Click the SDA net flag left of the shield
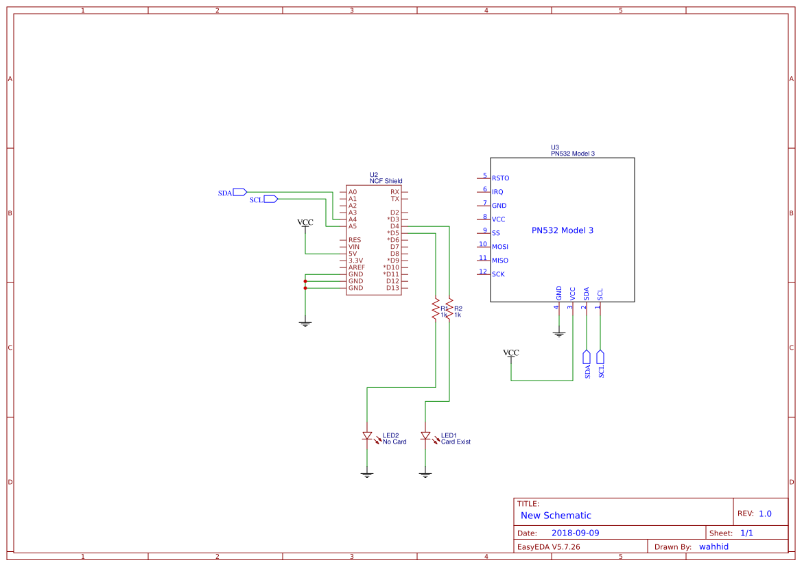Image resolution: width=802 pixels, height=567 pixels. [239, 192]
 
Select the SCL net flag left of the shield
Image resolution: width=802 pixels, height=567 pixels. [270, 199]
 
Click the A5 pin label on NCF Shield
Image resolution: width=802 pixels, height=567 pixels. [352, 226]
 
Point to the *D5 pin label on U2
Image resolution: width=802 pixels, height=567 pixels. [392, 233]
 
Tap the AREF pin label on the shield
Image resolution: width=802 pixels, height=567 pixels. [356, 267]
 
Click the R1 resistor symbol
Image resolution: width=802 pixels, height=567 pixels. [435, 309]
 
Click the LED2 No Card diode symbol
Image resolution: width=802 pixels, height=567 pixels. [367, 436]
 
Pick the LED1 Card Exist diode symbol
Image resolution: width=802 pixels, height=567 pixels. [425, 436]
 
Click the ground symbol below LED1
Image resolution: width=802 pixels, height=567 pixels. [425, 474]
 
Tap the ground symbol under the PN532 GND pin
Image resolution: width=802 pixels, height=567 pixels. [559, 334]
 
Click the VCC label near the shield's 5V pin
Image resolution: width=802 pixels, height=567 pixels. [305, 223]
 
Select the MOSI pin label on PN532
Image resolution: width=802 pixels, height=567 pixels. [499, 246]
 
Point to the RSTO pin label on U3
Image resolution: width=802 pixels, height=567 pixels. [500, 178]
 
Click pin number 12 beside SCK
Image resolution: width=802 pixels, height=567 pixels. [483, 272]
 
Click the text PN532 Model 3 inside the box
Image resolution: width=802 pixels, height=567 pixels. [562, 230]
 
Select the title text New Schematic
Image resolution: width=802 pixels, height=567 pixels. [556, 516]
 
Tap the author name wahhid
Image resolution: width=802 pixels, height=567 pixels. [713, 546]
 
